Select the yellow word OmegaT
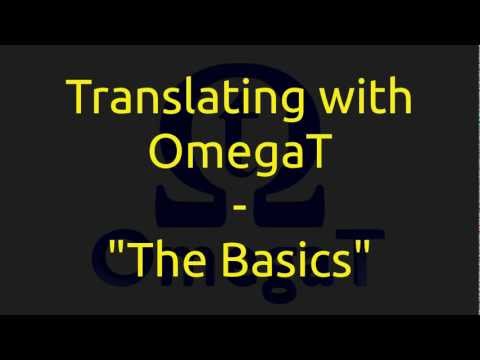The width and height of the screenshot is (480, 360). [x=239, y=155]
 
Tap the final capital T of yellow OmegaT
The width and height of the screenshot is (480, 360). [x=311, y=155]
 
